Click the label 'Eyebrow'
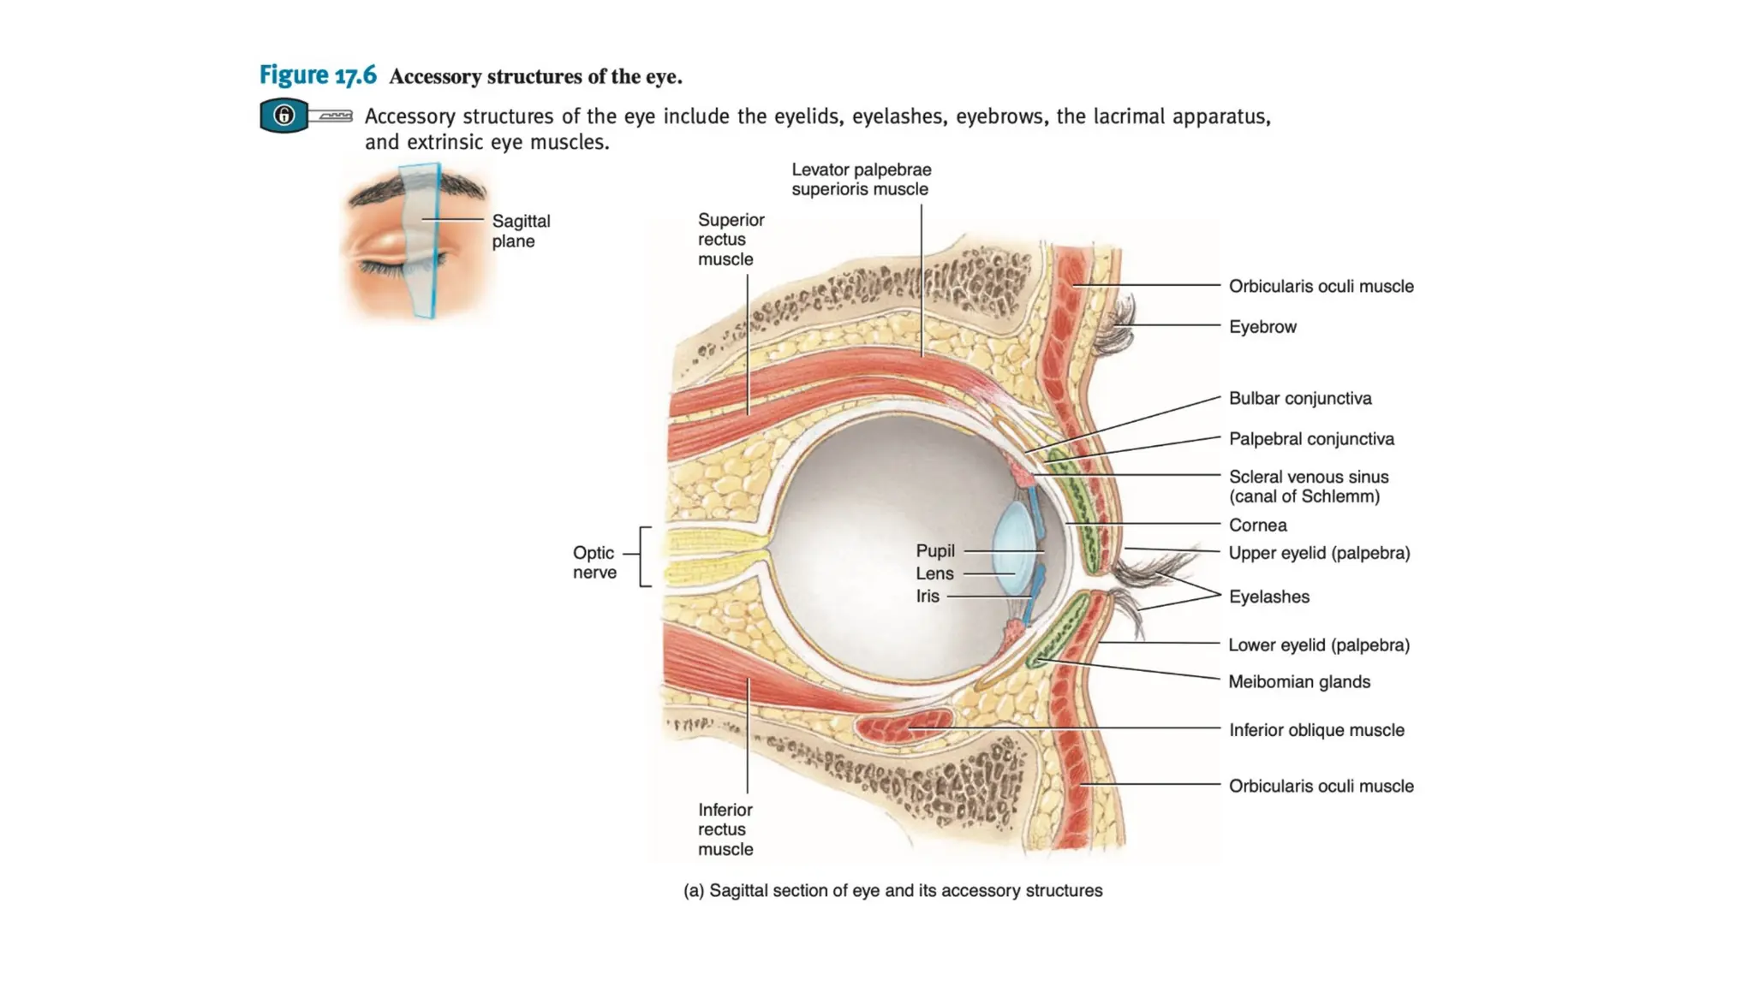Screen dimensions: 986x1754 click(1262, 327)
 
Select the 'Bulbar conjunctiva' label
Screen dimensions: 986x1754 click(1299, 398)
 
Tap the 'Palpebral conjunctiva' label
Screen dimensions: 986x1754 click(1310, 439)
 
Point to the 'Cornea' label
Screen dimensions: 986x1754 click(1257, 525)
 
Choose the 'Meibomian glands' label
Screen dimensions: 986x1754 click(1298, 682)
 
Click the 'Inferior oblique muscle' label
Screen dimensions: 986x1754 click(1315, 730)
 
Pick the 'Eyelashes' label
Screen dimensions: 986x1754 click(1268, 597)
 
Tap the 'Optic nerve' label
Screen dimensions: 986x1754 click(594, 562)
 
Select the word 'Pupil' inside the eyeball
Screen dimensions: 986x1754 click(934, 551)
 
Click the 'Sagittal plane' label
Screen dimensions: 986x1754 click(521, 231)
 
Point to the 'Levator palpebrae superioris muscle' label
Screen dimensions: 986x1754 click(861, 180)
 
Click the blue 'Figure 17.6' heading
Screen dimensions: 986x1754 click(318, 75)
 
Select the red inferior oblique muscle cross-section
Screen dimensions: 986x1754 click(904, 726)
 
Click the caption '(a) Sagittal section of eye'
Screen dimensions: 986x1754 click(892, 891)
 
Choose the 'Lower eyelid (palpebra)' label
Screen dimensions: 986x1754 click(1318, 645)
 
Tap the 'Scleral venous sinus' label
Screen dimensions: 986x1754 click(1308, 486)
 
